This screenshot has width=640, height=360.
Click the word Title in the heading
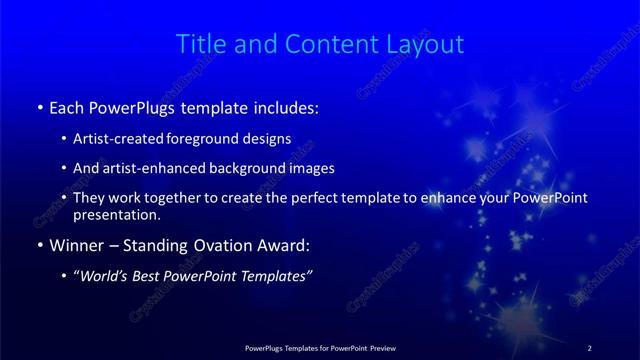point(197,44)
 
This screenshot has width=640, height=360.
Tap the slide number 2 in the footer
point(589,347)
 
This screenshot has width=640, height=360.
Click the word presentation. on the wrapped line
point(116,214)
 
